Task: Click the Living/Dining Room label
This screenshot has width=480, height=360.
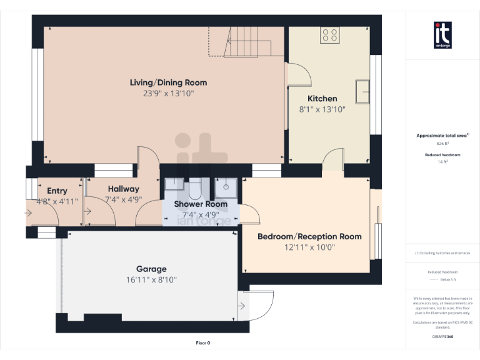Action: (168, 82)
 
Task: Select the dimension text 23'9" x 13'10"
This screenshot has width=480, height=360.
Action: (168, 94)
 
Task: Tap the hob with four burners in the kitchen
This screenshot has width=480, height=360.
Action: (329, 36)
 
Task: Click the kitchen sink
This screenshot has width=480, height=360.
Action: (363, 91)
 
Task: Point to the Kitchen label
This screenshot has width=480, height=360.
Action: (322, 99)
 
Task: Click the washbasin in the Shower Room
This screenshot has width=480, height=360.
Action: (174, 184)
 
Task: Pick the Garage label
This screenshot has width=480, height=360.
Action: (151, 269)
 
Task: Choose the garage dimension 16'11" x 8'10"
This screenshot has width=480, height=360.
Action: (151, 280)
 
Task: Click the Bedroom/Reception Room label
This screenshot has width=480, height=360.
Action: (309, 236)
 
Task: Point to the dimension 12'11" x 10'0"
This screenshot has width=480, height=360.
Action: (309, 247)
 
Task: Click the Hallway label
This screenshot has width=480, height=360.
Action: (123, 189)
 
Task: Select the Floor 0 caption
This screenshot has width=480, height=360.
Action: (202, 342)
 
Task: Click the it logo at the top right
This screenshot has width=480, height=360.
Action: (442, 35)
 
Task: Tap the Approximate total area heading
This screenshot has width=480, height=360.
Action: (442, 135)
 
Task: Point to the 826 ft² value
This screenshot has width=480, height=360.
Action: (442, 143)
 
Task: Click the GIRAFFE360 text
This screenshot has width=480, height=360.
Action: (442, 336)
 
